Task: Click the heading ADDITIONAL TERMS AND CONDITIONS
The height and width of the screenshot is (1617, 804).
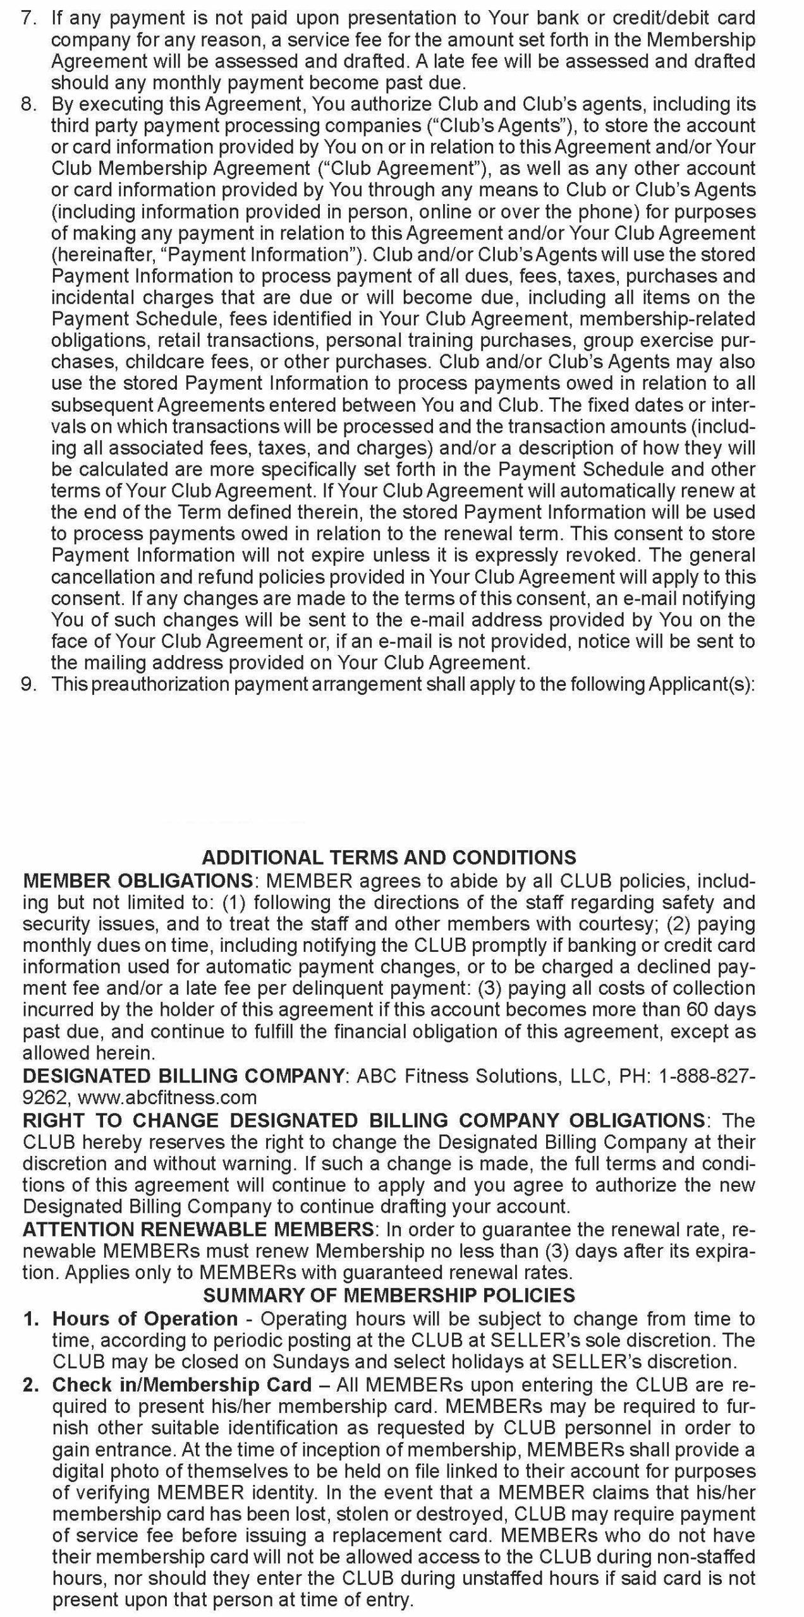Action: point(389,857)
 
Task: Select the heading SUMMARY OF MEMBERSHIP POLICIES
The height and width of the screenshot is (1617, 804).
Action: point(389,1295)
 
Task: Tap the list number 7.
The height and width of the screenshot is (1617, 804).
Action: point(29,18)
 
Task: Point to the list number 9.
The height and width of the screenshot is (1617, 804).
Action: point(29,684)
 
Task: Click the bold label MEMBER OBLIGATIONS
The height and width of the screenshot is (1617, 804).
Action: point(138,880)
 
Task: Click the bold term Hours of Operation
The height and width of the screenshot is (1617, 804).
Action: point(145,1318)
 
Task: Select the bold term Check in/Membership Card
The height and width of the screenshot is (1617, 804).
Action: point(182,1385)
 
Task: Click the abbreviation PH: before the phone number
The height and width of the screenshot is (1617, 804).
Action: point(634,1075)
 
